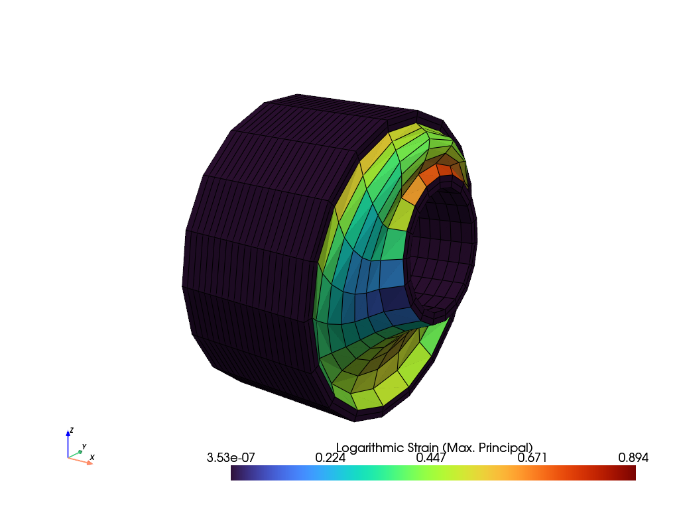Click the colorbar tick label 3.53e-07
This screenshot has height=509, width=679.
(231, 457)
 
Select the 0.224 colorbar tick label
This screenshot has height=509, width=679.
(330, 457)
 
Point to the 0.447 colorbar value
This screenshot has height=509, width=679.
(431, 457)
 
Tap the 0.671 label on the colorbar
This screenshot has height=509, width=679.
(532, 457)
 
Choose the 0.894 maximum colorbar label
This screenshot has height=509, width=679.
(633, 457)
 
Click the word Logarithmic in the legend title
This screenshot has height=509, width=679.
(370, 448)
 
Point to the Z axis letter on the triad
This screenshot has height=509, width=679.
(72, 430)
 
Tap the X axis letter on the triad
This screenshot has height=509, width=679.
(92, 457)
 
